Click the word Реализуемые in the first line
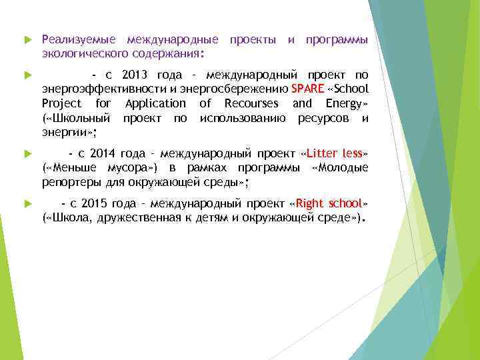pos(79,40)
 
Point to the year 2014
pos(103,153)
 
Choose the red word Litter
pos(325,153)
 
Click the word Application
pos(155,103)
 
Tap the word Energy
pos(343,103)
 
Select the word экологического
pos(85,53)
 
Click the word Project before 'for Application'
pos(61,103)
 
